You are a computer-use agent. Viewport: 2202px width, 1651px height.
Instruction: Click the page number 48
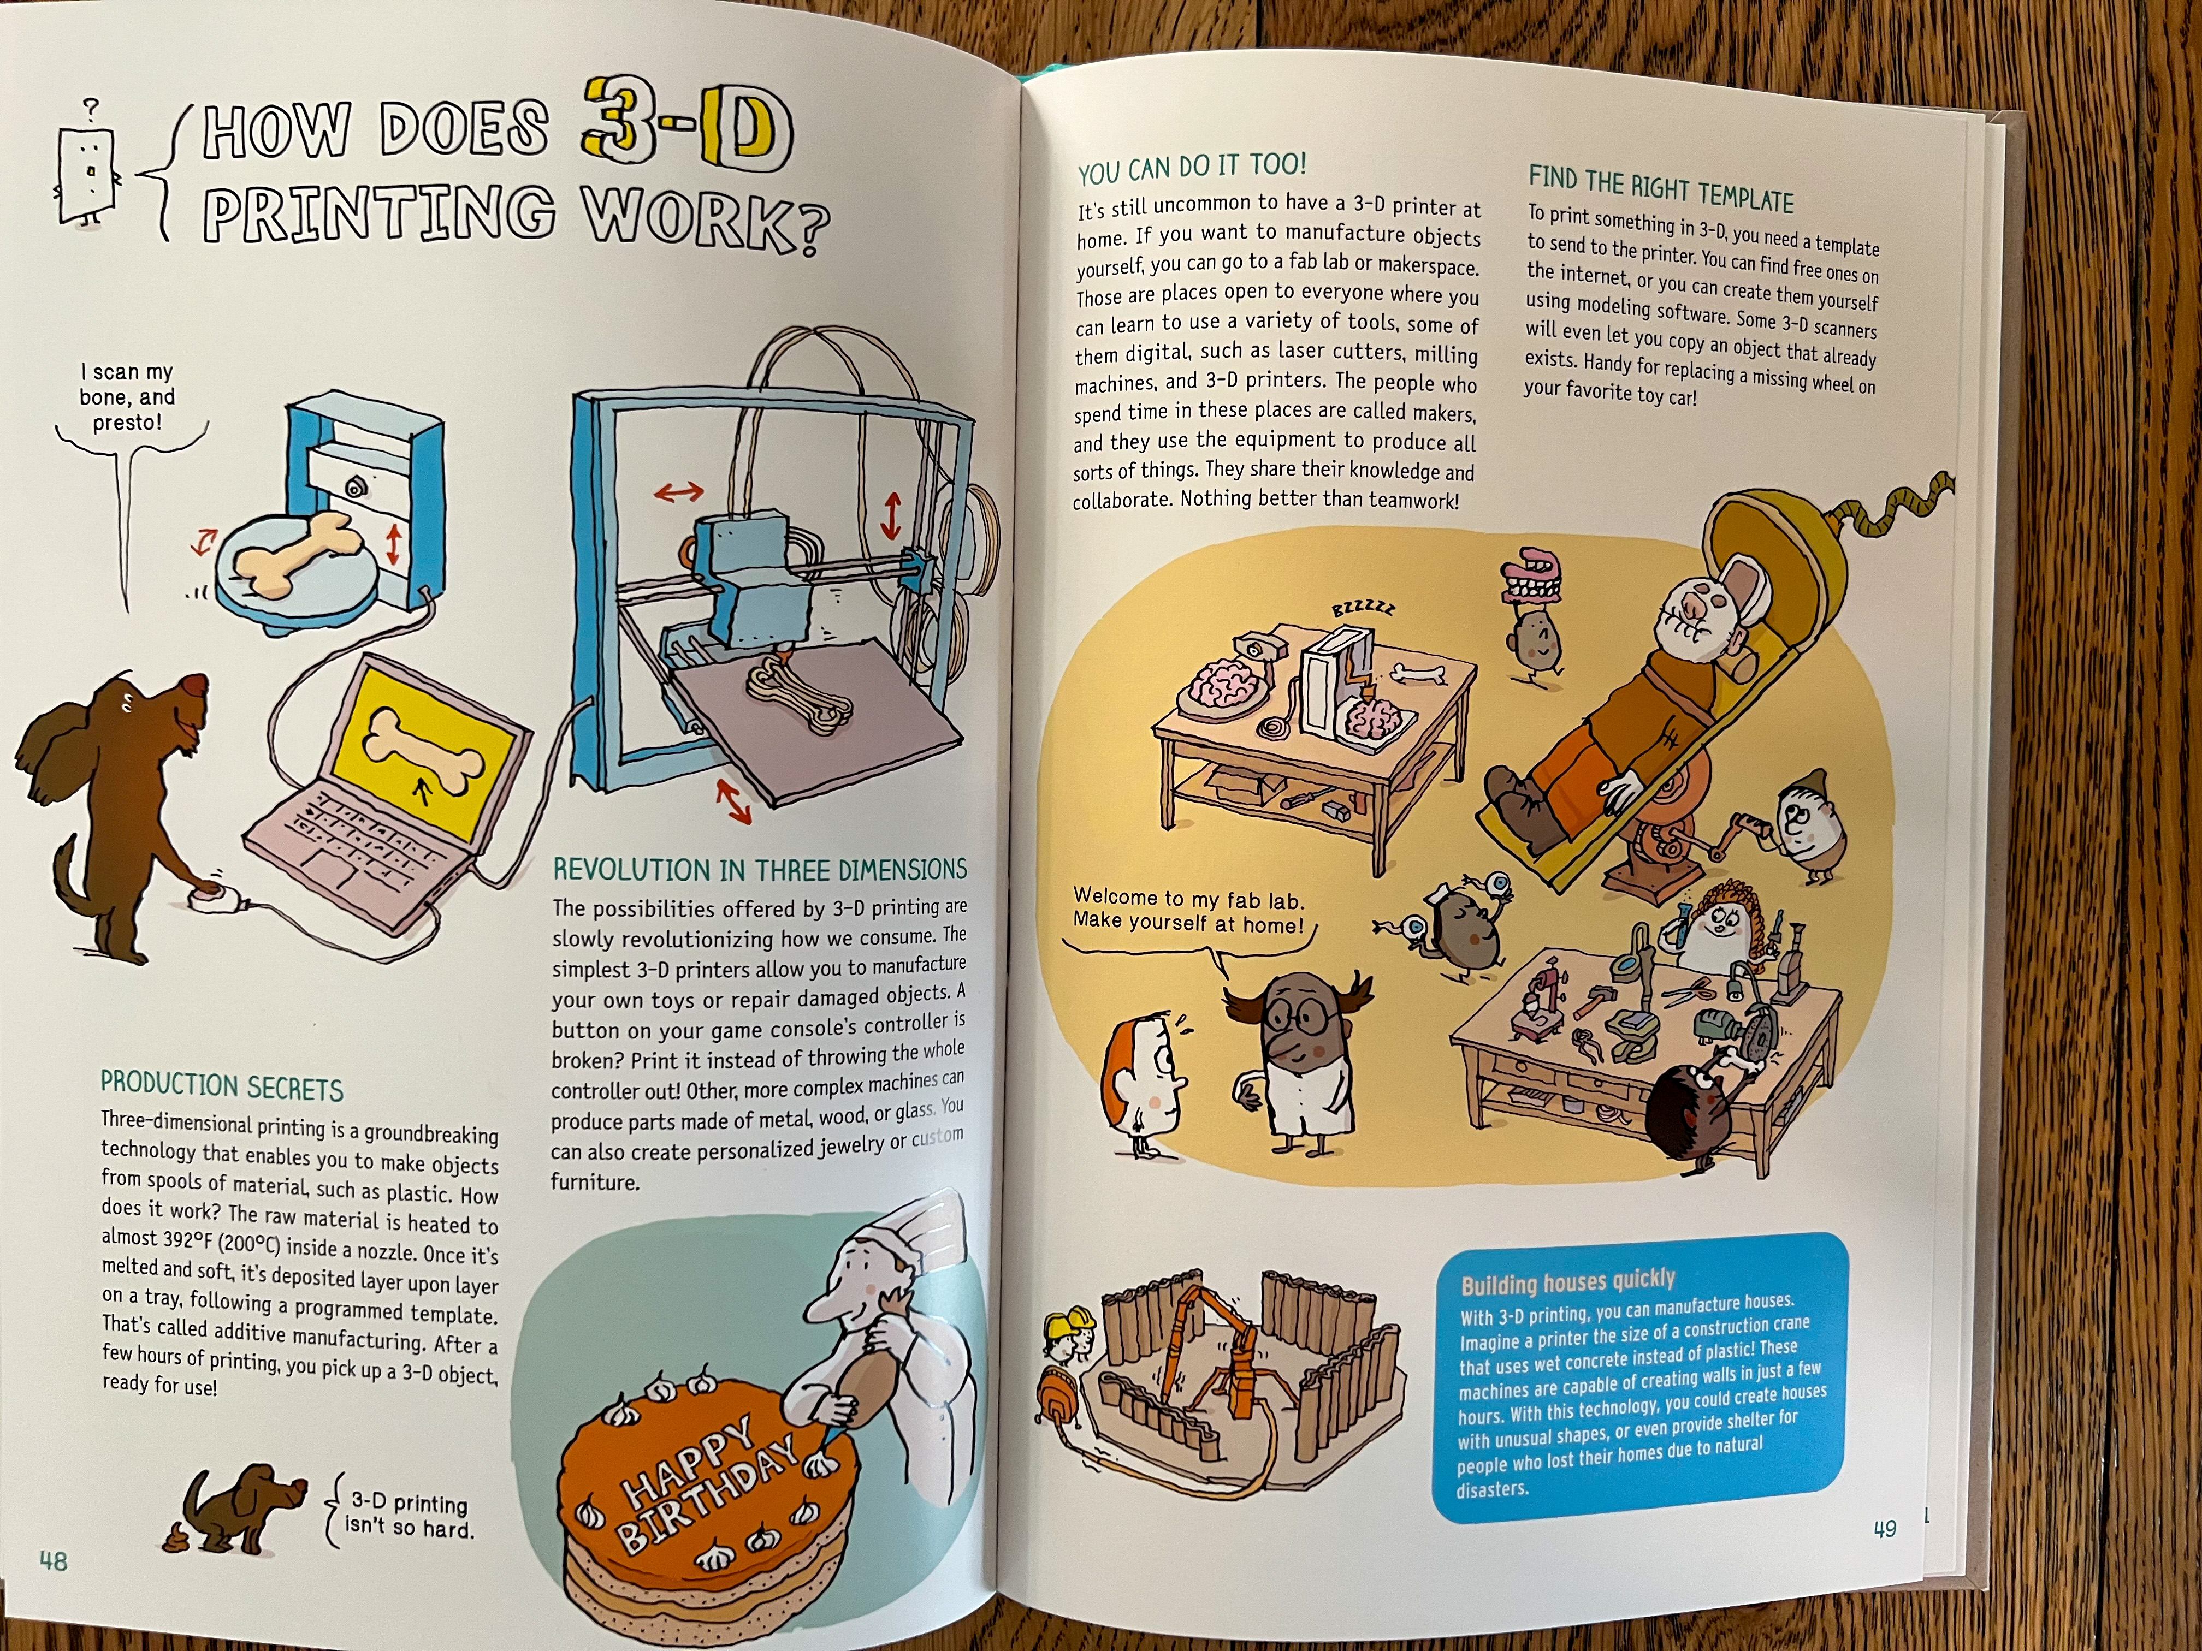(53, 1560)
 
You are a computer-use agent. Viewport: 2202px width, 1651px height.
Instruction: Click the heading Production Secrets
(221, 1086)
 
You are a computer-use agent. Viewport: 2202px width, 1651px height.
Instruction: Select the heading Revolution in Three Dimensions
(760, 870)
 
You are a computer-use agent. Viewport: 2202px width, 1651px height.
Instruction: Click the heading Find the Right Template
(1660, 189)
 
